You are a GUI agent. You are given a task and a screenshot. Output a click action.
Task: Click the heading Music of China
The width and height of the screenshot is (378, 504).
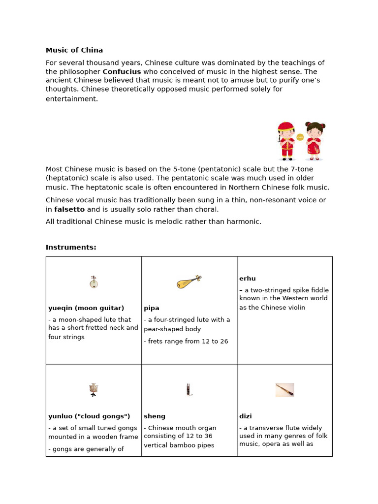tap(74, 50)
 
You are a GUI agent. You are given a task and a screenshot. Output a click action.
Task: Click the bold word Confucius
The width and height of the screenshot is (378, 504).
tap(122, 72)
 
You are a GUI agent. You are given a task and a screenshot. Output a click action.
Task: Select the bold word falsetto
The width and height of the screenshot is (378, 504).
tap(69, 209)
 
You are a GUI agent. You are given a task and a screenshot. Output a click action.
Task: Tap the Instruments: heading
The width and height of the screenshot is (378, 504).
tap(71, 248)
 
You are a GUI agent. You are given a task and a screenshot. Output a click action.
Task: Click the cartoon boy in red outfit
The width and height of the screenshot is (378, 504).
tap(286, 141)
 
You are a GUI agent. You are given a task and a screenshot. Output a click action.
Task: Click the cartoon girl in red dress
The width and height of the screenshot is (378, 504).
tap(314, 141)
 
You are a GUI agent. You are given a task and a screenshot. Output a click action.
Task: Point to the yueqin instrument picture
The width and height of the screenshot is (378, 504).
tap(94, 282)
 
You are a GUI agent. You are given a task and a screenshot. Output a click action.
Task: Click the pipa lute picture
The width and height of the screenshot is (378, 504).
tap(189, 282)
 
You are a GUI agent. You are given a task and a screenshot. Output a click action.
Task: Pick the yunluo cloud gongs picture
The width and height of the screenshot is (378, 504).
tap(94, 390)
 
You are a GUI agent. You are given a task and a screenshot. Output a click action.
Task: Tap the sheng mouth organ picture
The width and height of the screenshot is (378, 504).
tap(189, 390)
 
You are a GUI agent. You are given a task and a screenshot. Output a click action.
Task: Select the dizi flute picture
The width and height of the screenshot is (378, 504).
tap(284, 390)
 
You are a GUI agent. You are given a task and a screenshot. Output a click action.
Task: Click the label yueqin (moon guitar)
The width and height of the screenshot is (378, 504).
tap(86, 308)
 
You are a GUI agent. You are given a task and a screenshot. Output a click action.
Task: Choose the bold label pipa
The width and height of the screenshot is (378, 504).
tap(152, 308)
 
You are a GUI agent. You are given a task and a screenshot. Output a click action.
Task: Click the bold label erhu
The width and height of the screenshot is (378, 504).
tap(248, 279)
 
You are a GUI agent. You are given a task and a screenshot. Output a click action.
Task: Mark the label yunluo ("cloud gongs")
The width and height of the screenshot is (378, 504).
tap(89, 416)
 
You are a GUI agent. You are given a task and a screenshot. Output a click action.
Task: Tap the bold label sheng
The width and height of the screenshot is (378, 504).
tap(155, 416)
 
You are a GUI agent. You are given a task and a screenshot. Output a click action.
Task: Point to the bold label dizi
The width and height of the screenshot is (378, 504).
tap(246, 416)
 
